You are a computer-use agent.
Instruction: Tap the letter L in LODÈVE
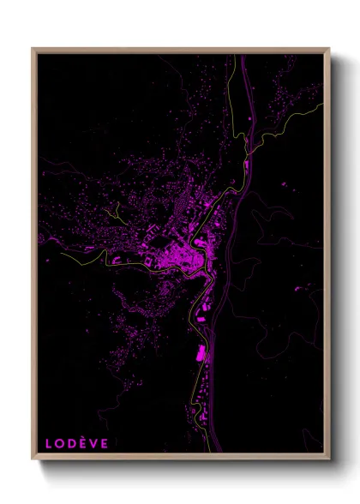(49, 443)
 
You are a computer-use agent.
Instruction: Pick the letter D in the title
(68, 443)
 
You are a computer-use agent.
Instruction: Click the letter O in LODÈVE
(57, 443)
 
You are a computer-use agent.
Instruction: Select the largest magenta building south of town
(202, 352)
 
